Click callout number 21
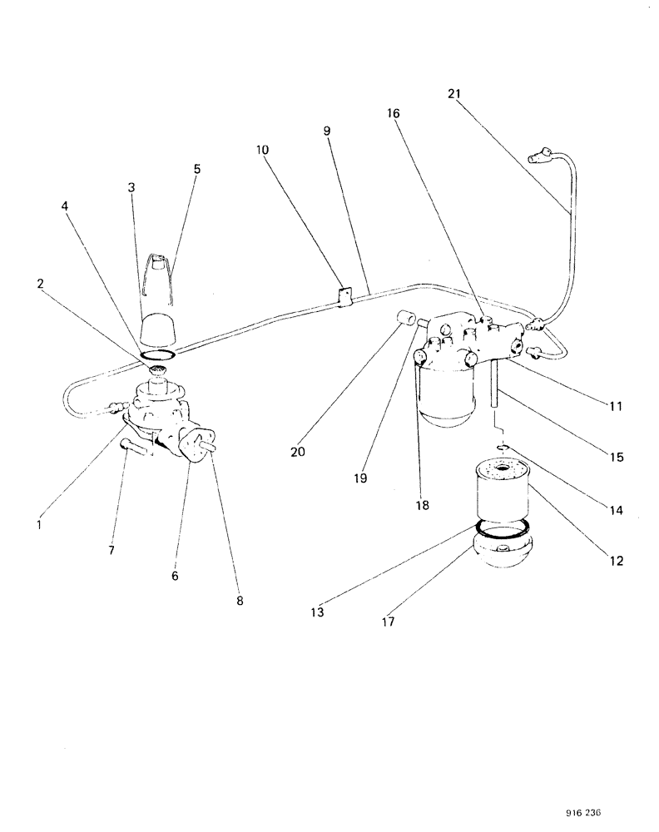pyautogui.click(x=453, y=94)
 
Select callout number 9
pyautogui.click(x=326, y=131)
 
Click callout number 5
pyautogui.click(x=196, y=168)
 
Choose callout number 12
pyautogui.click(x=617, y=561)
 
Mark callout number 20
pyautogui.click(x=297, y=453)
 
